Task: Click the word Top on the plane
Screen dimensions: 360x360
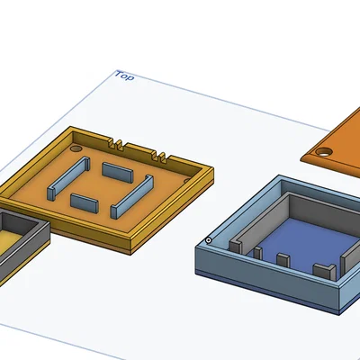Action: click(125, 76)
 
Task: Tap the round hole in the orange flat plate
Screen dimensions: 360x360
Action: click(324, 152)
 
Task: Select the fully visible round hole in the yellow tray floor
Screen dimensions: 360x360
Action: click(76, 148)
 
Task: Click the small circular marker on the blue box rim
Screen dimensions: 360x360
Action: click(208, 240)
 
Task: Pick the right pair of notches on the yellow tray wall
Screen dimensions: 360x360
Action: click(159, 157)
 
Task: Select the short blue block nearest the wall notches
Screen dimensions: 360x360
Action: click(117, 172)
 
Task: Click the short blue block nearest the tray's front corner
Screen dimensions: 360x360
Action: click(85, 203)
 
